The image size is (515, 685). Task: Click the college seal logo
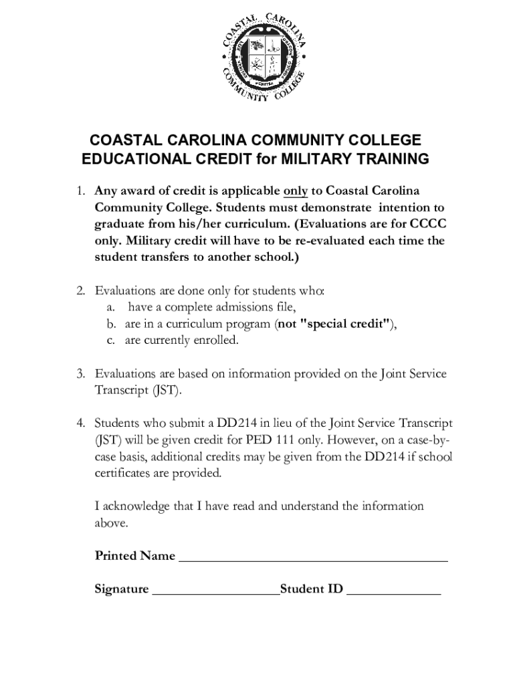tap(265, 61)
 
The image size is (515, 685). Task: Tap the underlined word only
tap(296, 191)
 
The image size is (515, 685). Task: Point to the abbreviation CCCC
tap(429, 224)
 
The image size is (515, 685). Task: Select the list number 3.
tap(80, 373)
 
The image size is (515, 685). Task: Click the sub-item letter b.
tap(111, 324)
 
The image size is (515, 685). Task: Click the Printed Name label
tap(135, 556)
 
